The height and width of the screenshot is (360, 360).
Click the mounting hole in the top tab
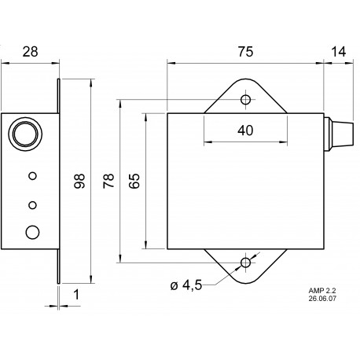247,101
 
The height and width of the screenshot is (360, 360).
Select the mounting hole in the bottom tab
247,262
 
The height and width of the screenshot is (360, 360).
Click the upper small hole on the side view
32,175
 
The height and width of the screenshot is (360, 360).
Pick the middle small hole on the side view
32,205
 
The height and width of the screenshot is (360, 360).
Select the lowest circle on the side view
32,232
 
